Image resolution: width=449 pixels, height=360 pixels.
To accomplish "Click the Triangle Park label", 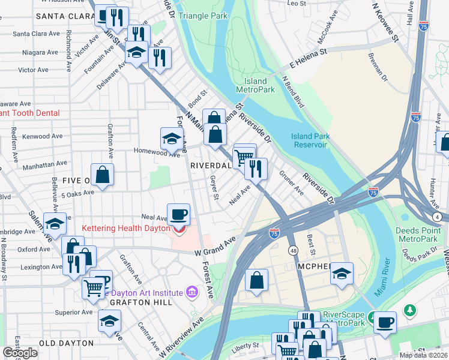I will click(202, 16).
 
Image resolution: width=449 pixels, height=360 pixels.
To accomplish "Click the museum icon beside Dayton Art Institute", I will click(192, 292).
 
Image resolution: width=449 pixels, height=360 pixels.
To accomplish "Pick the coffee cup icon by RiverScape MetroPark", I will click(385, 321).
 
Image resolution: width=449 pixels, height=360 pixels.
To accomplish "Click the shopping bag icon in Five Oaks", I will click(103, 175).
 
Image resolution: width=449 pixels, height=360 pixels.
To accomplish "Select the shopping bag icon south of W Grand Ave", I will click(256, 280).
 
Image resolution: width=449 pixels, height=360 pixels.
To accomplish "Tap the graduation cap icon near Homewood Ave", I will click(172, 138).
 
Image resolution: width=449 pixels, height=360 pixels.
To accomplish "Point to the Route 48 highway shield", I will click(293, 250).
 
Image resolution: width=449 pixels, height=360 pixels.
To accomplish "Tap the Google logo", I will click(20, 353).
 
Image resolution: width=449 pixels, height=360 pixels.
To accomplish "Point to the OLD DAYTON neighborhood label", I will click(66, 343).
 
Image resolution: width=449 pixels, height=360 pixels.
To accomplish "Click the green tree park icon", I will click(409, 310).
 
